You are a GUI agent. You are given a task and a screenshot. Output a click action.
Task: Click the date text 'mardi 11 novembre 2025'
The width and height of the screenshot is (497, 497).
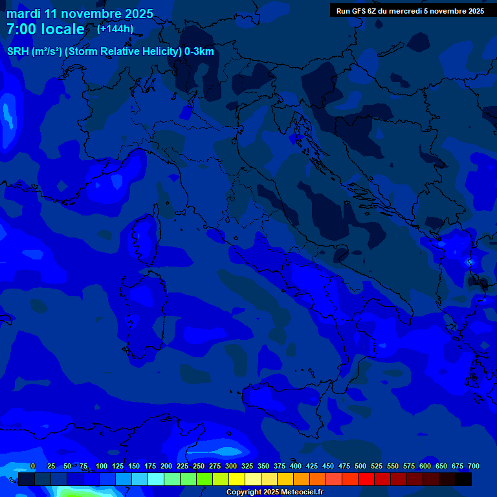(x=80, y=14)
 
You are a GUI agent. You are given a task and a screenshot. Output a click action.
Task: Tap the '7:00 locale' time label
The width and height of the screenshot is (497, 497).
(x=45, y=30)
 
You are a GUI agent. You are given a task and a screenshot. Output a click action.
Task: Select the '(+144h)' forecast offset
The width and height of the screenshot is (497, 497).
(x=115, y=28)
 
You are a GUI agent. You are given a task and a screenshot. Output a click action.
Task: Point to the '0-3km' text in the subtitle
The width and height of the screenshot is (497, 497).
(x=199, y=52)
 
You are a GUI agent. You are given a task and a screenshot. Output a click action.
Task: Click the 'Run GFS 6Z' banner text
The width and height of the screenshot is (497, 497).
(x=356, y=11)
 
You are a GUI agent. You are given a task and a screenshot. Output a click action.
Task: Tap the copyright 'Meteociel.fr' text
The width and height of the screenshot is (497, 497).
(x=298, y=492)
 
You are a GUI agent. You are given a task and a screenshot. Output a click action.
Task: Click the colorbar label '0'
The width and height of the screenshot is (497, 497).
(x=33, y=467)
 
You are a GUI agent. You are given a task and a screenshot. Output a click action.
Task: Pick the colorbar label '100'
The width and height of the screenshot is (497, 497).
(x=102, y=467)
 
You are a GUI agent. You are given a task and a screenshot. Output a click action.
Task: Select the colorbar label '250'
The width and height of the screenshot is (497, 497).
(x=199, y=467)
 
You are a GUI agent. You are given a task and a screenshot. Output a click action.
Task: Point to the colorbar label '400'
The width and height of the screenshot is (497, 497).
(x=296, y=467)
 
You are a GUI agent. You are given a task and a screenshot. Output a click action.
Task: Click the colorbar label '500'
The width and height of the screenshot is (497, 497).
(x=360, y=467)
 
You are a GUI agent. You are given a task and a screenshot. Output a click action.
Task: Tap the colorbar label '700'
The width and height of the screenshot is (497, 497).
(x=474, y=467)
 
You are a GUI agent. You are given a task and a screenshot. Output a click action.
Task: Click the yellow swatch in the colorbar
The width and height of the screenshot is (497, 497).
(x=237, y=480)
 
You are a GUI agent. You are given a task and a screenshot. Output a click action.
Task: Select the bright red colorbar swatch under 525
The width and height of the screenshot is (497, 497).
(x=366, y=480)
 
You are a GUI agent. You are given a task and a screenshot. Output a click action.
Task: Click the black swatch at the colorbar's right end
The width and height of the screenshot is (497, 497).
(x=463, y=480)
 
